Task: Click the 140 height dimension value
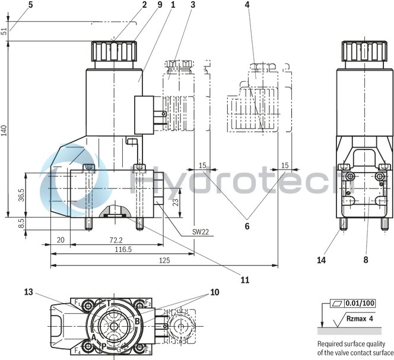click(x=5, y=130)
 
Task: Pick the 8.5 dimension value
click(x=21, y=223)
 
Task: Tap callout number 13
click(x=29, y=292)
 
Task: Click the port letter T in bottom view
click(x=109, y=303)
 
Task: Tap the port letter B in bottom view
click(x=137, y=322)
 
